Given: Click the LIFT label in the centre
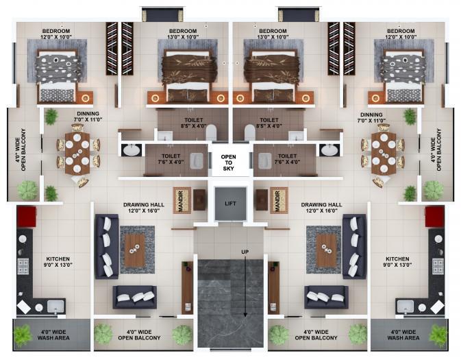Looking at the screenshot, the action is tap(230, 204).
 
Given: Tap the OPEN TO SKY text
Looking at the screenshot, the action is tap(228, 163).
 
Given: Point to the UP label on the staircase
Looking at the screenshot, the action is tap(245, 252).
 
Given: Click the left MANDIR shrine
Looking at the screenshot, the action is tap(182, 200).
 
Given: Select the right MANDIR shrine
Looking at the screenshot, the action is tap(279, 200).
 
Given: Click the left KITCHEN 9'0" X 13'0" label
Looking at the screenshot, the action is tap(58, 262).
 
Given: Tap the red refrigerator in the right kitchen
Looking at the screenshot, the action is tap(434, 217).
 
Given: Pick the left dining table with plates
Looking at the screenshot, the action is tap(77, 153).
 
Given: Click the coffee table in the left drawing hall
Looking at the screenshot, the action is tap(135, 250).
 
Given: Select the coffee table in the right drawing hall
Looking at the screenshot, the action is tap(326, 250).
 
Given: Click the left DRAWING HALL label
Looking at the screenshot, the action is tap(144, 208).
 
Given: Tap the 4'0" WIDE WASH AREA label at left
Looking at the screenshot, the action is tap(53, 335).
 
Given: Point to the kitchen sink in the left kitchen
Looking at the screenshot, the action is tap(55, 307).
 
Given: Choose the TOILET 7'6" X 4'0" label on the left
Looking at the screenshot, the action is tap(171, 159).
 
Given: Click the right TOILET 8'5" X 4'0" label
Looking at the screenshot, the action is tap(269, 123).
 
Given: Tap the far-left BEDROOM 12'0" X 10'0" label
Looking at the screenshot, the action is tap(56, 34).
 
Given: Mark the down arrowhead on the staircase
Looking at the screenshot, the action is tap(245, 315).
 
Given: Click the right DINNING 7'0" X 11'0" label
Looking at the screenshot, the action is tap(371, 117).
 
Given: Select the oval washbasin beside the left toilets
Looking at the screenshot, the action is tap(132, 149).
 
